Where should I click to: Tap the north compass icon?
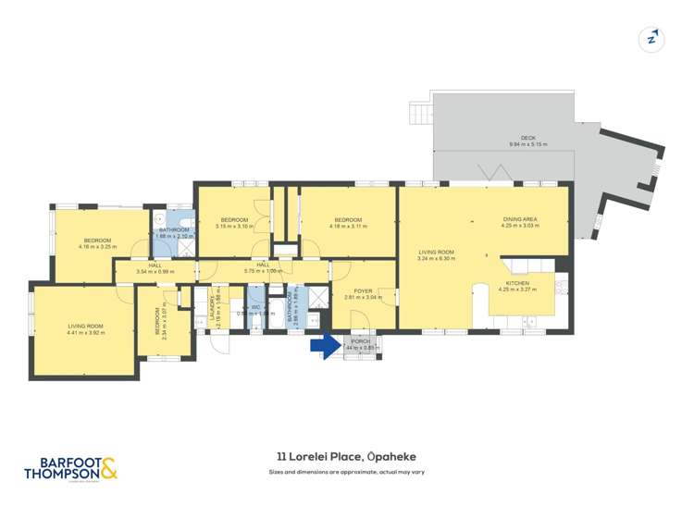(x=652, y=39)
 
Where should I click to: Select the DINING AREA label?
(x=519, y=218)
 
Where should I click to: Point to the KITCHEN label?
(x=516, y=283)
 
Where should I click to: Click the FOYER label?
(x=363, y=291)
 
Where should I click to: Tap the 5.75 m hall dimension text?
(x=262, y=271)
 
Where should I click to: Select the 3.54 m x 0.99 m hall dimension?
(x=155, y=271)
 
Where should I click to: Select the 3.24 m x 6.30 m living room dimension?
(x=437, y=258)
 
